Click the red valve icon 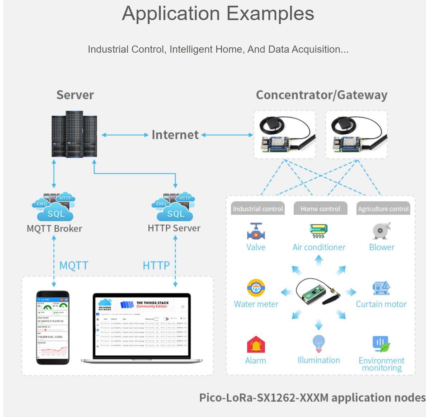tap(256, 231)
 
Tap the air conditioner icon tap(318, 231)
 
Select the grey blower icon tap(381, 231)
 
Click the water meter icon tap(256, 288)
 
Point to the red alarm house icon tap(256, 345)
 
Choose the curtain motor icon tap(381, 288)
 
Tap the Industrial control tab tap(258, 209)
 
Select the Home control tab tap(320, 209)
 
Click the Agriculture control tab tap(383, 209)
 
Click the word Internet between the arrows tap(175, 135)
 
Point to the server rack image tap(74, 134)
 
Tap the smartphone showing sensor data tap(53, 327)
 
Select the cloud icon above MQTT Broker tap(55, 208)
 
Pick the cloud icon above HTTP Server tap(175, 208)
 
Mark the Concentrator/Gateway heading tap(321, 95)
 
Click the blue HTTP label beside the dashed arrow tap(156, 265)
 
